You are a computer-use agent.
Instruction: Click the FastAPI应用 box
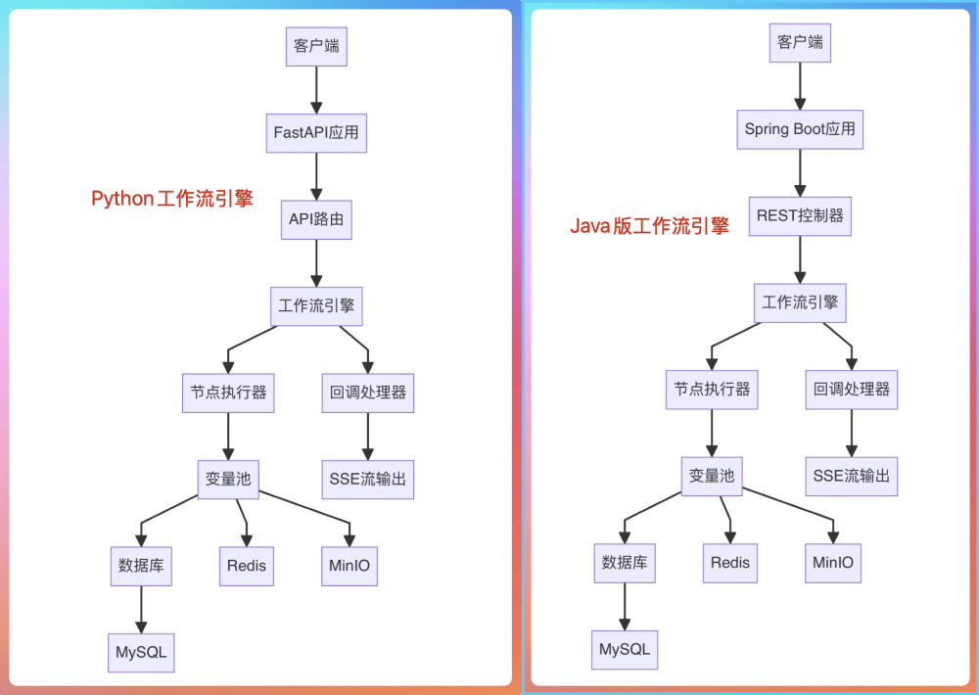316,133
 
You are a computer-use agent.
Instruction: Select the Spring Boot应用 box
800,129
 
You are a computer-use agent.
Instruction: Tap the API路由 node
316,220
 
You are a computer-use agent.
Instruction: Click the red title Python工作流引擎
172,199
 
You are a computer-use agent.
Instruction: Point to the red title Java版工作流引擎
650,227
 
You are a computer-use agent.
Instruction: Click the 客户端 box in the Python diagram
316,46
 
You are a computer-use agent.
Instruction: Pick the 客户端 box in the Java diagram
800,43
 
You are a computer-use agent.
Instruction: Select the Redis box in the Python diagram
246,566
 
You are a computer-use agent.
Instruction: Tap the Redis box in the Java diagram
729,562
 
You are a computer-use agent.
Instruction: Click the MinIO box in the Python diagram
350,566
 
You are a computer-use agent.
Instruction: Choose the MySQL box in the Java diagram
625,650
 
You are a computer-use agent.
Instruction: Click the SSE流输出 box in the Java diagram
851,476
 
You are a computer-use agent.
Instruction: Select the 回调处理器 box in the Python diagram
368,393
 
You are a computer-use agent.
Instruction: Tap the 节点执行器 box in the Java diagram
712,390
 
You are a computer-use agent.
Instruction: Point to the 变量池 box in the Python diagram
228,479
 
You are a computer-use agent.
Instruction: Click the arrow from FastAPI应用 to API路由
316,176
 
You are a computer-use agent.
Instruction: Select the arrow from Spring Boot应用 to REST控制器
800,172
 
